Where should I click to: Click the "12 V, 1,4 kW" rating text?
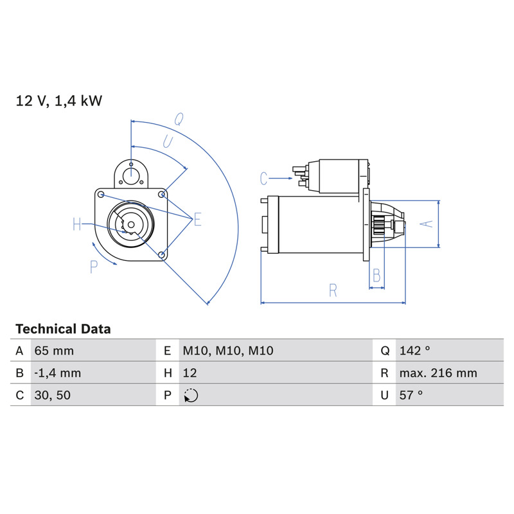pos(59,101)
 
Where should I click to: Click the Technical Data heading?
pos(63,329)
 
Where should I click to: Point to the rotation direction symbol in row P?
pos(191,395)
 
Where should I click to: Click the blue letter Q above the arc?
pos(179,119)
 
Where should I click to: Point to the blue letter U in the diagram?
pos(168,142)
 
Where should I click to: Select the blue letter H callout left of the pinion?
pos(76,224)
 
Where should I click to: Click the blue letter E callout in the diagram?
pos(197,219)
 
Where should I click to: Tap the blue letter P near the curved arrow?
pos(94,267)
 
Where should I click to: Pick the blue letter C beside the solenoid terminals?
pos(263,179)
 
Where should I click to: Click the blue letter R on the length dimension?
pos(333,290)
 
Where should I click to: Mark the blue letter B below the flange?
pos(377,276)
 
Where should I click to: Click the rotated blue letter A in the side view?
pos(427,224)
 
